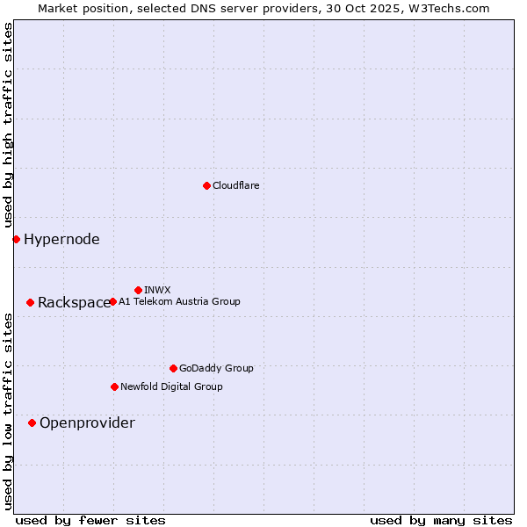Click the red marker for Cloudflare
206,185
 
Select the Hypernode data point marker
16,239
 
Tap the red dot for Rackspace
30,302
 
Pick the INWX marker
138,290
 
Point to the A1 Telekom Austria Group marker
112,301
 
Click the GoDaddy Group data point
173,368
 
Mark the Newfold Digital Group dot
114,386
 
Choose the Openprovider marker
32,422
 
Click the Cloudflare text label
236,185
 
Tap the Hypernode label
61,239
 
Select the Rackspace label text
74,303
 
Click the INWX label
157,290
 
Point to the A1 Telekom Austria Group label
179,301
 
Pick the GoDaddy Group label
216,368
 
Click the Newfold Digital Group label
171,386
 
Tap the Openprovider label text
87,423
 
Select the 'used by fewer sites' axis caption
90,520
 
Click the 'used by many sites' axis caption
441,520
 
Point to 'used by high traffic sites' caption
8,126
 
